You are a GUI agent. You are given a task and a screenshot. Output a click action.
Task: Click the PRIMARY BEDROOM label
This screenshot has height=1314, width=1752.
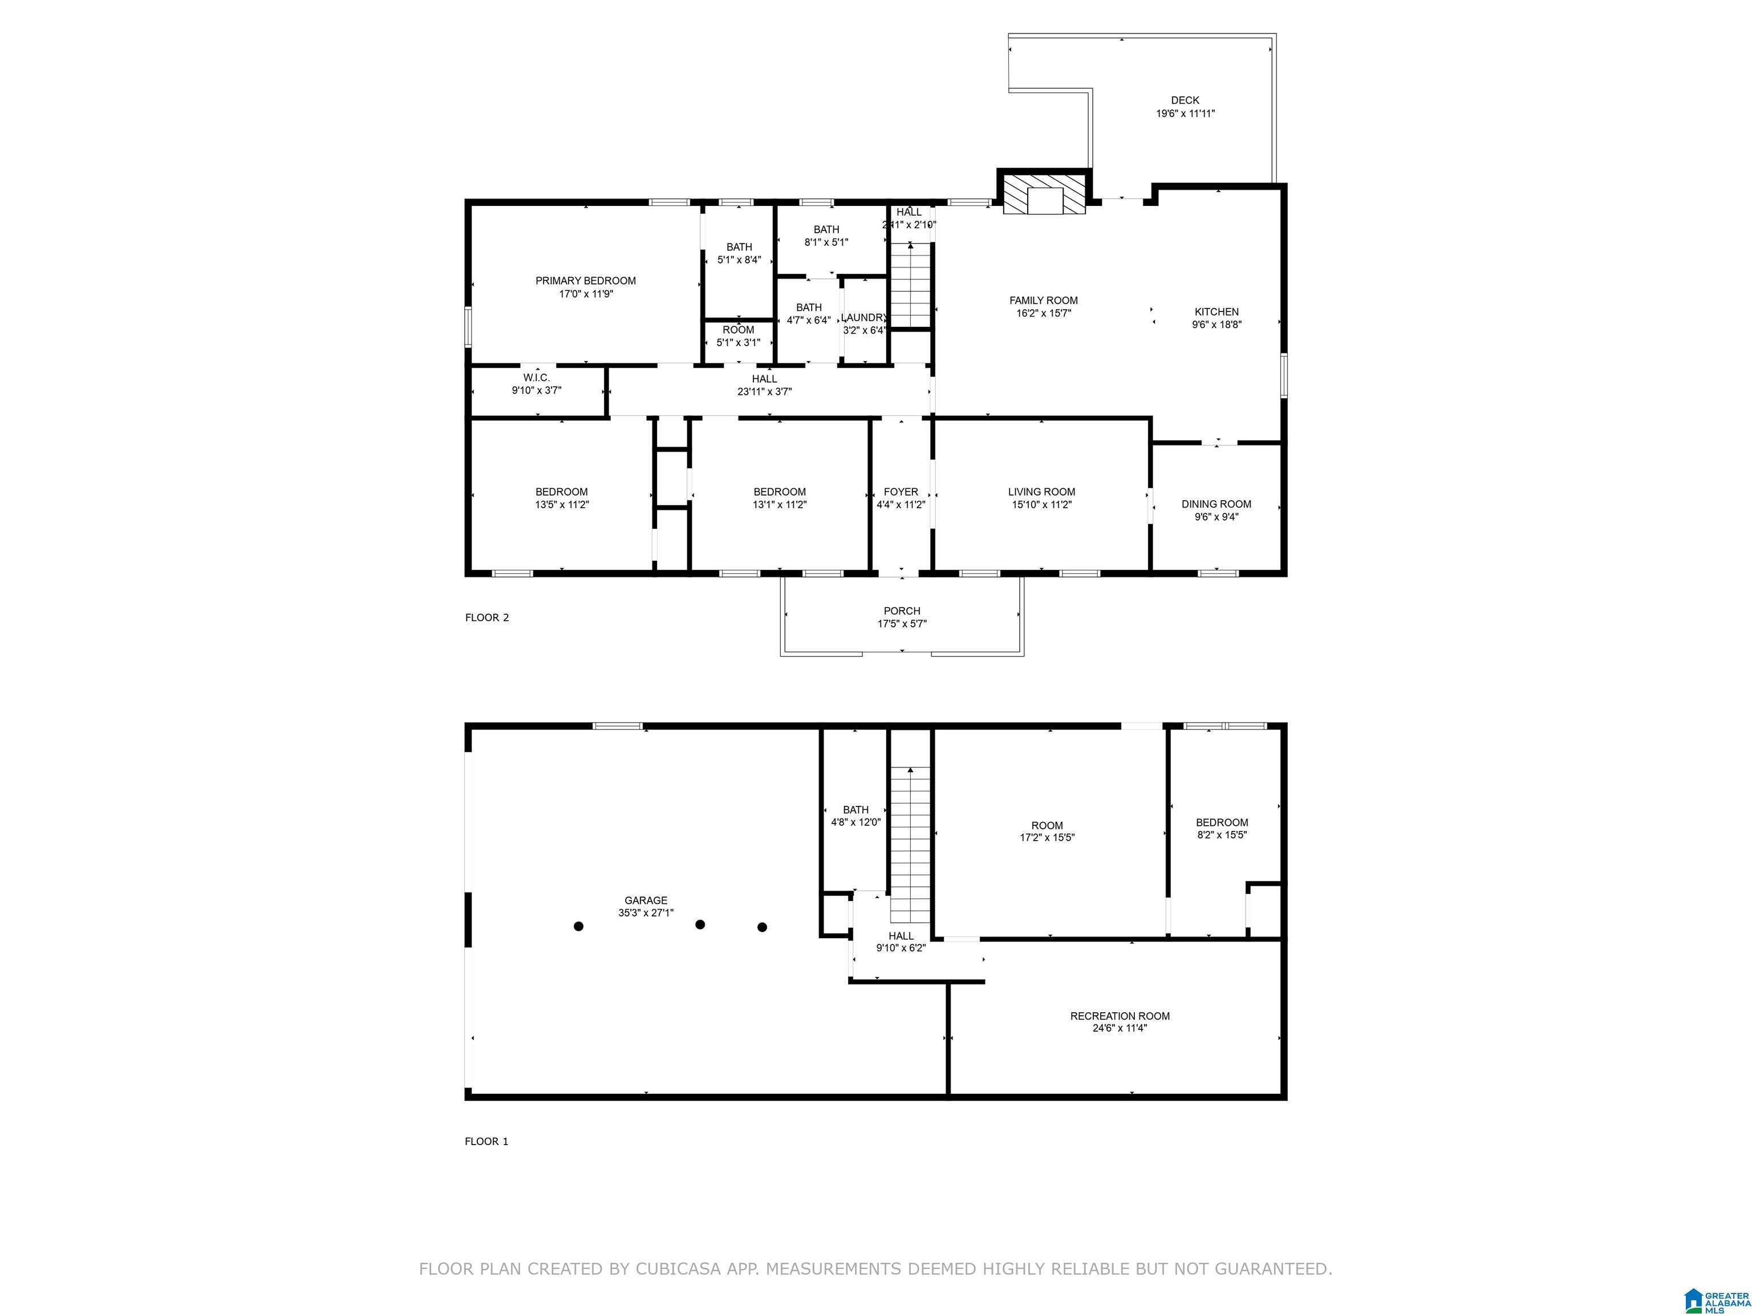(585, 281)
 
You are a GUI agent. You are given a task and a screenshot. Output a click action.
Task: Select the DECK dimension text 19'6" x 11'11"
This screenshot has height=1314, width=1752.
(1185, 113)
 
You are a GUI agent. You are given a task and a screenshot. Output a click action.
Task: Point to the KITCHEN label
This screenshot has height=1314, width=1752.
(1216, 312)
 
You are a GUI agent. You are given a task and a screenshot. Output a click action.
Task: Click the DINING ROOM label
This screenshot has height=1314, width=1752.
(1216, 504)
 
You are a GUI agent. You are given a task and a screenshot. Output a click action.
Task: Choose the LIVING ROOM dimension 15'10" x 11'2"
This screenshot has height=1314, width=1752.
(1041, 505)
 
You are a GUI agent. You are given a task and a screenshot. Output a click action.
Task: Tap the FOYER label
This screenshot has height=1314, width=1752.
(901, 492)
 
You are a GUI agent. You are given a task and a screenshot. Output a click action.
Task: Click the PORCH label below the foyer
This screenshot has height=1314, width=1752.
(902, 611)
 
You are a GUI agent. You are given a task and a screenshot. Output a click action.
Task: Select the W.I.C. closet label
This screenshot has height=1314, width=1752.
(536, 378)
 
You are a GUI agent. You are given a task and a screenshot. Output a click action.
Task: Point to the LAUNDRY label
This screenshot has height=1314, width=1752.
(864, 318)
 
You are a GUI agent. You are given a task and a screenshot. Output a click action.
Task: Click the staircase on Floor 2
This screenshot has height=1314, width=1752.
(910, 286)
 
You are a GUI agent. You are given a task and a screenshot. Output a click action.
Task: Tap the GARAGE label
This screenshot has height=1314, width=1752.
(646, 901)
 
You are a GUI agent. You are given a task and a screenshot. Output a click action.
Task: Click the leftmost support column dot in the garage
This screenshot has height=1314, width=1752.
(579, 926)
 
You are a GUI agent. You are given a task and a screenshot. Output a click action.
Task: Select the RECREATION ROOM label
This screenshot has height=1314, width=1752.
(1120, 1016)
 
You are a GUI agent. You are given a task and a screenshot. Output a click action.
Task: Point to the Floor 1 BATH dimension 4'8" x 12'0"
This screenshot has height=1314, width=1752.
(855, 822)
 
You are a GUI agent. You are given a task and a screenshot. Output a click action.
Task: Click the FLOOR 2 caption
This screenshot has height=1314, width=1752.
(487, 618)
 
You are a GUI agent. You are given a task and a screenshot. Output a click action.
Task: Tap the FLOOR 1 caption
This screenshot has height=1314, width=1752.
(486, 1141)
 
